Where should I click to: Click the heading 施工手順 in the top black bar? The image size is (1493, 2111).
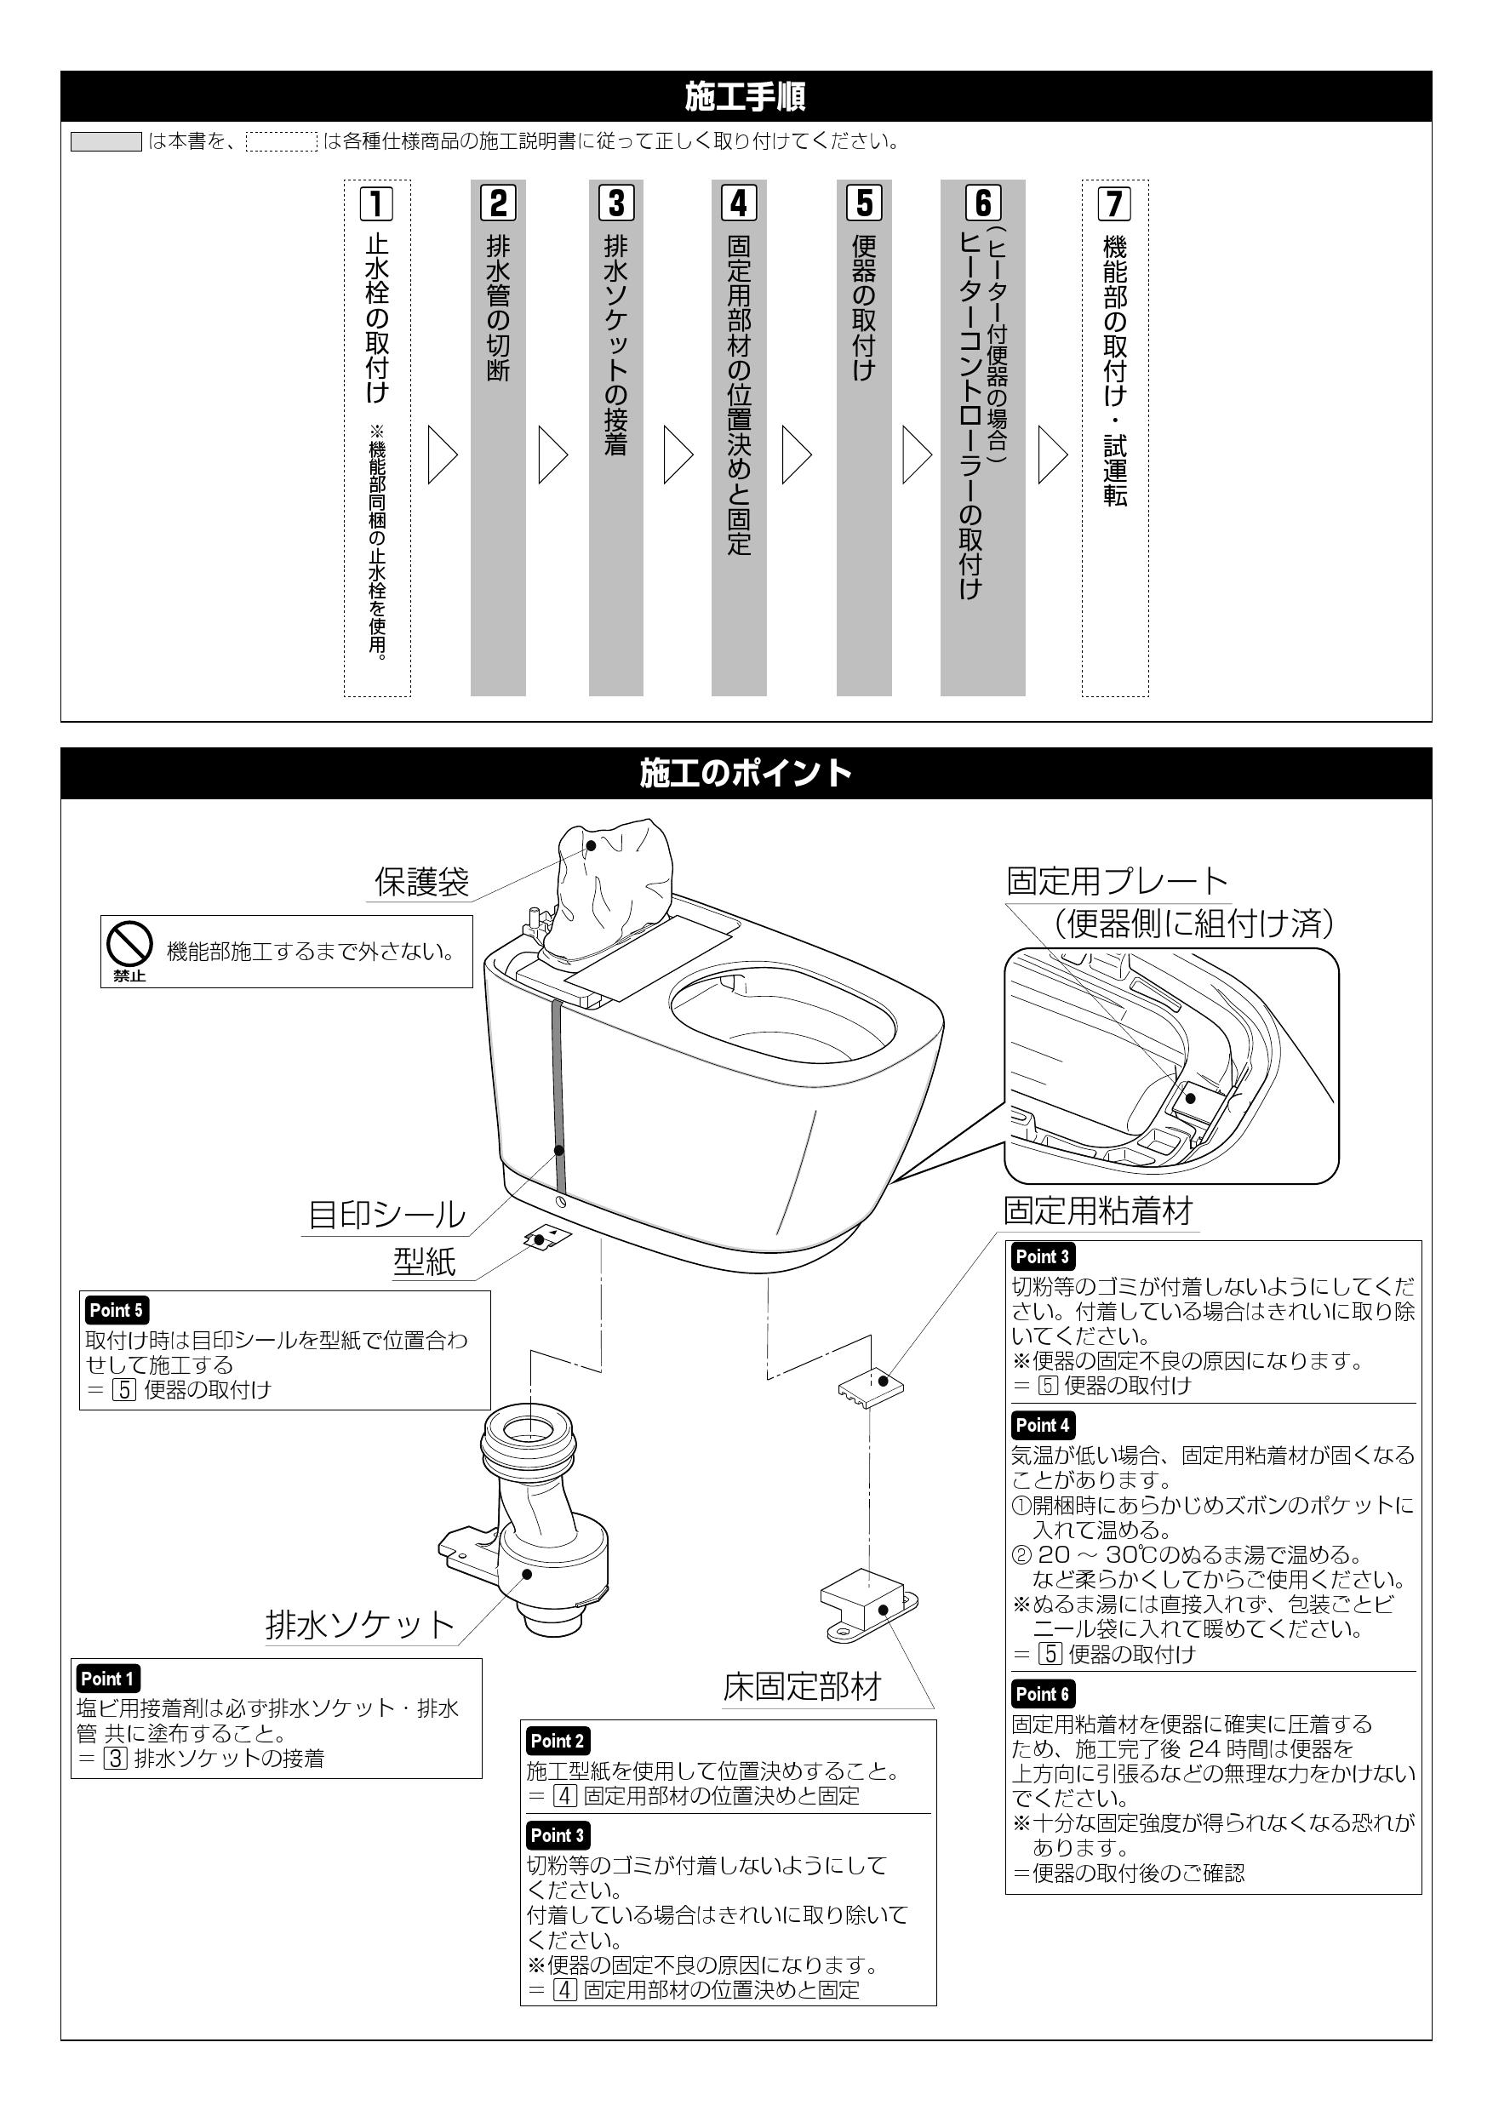pyautogui.click(x=746, y=96)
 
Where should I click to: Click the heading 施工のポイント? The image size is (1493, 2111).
pyautogui.click(x=746, y=773)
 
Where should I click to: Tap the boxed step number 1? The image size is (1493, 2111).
pyautogui.click(x=376, y=203)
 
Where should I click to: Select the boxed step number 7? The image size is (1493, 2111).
pyautogui.click(x=1114, y=203)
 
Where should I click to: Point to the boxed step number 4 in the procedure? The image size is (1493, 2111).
pyautogui.click(x=739, y=203)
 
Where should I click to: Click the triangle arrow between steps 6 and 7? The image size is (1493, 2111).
pyautogui.click(x=1053, y=455)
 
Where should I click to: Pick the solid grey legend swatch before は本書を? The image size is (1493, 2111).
pyautogui.click(x=106, y=141)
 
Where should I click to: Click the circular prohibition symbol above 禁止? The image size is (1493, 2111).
pyautogui.click(x=129, y=943)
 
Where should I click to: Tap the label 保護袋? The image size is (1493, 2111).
pyautogui.click(x=422, y=882)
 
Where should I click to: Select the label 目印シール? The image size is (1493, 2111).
pyautogui.click(x=386, y=1215)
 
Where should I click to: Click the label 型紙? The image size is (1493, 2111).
pyautogui.click(x=425, y=1261)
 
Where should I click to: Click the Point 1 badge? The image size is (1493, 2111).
pyautogui.click(x=107, y=1679)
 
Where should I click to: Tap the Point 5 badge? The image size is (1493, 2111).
pyautogui.click(x=117, y=1310)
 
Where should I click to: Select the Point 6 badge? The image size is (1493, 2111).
pyautogui.click(x=1043, y=1694)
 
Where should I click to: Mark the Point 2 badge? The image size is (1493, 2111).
pyautogui.click(x=558, y=1741)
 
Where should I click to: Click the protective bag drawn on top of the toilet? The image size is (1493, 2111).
pyautogui.click(x=607, y=887)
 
